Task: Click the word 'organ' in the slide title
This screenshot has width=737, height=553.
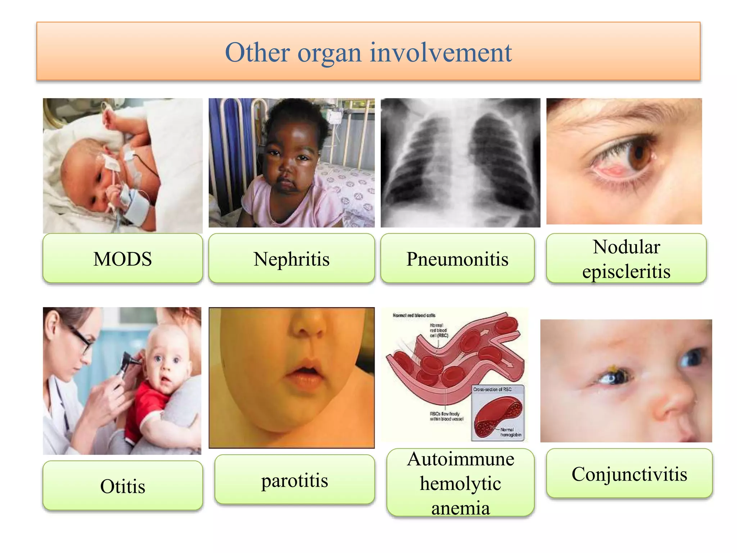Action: pyautogui.click(x=329, y=53)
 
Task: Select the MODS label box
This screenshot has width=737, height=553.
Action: pyautogui.click(x=123, y=258)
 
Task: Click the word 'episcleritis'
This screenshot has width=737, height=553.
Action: pyautogui.click(x=626, y=271)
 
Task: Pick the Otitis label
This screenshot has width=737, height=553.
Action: pyautogui.click(x=123, y=486)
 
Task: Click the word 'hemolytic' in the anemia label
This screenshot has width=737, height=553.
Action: pyautogui.click(x=460, y=483)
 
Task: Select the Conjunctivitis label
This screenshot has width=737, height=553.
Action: pyautogui.click(x=629, y=474)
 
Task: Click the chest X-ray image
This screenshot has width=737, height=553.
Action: pyautogui.click(x=460, y=163)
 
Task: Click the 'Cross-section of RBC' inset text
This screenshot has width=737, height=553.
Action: pyautogui.click(x=492, y=390)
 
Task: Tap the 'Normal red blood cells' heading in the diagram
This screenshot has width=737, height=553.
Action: pyautogui.click(x=414, y=315)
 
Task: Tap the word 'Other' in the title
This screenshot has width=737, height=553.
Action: pyautogui.click(x=257, y=53)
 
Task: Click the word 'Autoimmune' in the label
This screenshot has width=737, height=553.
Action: pyautogui.click(x=460, y=459)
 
